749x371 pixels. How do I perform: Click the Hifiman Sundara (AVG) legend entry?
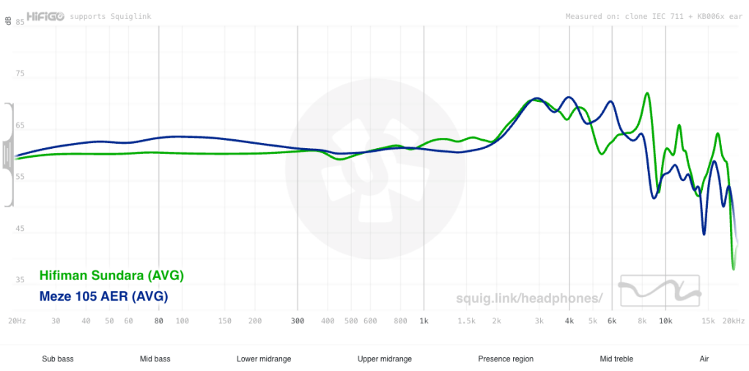[x=112, y=276]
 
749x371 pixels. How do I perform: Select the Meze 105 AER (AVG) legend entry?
[x=103, y=296]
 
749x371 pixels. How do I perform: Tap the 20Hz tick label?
[x=17, y=321]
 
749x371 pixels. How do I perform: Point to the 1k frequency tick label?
[x=423, y=321]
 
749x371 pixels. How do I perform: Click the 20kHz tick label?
[x=733, y=321]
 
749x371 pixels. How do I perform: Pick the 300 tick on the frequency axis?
[x=297, y=321]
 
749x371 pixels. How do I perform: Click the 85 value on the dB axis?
[x=21, y=23]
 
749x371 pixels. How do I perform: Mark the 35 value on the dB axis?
[x=21, y=280]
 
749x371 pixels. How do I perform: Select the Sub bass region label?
[x=58, y=359]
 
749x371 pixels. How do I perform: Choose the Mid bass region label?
[x=155, y=359]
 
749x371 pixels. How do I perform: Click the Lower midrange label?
[x=264, y=359]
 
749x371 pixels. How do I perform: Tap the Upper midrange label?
[x=385, y=359]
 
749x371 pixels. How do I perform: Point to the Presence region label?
[x=506, y=359]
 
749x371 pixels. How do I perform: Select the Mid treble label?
[x=616, y=359]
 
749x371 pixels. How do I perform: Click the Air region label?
[x=704, y=359]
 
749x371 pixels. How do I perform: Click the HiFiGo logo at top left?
[x=45, y=15]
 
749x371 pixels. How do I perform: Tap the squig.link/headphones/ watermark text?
[x=528, y=297]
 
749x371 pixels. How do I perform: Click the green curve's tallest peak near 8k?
[x=647, y=93]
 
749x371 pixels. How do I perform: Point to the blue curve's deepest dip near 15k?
[x=704, y=234]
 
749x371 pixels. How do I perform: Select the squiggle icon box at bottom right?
[x=660, y=290]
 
